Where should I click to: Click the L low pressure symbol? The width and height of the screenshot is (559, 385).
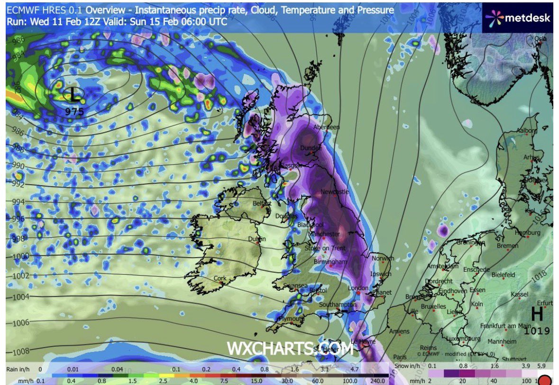[x=74, y=95]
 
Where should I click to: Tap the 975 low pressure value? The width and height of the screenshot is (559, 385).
[x=74, y=112]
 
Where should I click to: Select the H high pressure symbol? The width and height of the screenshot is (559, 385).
[x=537, y=314]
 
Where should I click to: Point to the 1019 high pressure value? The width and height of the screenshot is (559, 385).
[x=537, y=331]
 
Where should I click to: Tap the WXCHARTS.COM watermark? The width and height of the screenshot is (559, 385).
[x=290, y=349]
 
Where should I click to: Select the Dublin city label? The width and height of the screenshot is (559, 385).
[x=257, y=239]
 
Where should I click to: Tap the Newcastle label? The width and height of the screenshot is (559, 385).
[x=334, y=192]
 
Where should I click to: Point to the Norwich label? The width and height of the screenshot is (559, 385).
[x=383, y=259]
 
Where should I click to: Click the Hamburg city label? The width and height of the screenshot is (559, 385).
[x=527, y=233]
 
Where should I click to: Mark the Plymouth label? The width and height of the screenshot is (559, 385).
[x=291, y=319]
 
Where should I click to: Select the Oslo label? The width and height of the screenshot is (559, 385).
[x=540, y=39]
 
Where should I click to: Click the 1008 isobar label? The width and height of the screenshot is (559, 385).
[x=18, y=351]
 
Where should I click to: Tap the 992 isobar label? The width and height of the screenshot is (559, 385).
[x=18, y=184]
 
